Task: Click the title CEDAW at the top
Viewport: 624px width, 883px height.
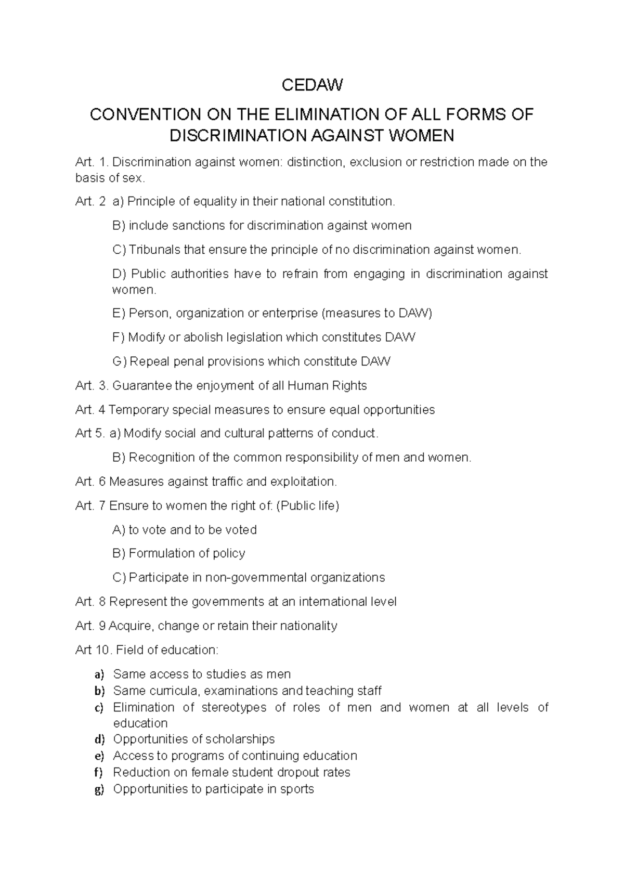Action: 312,85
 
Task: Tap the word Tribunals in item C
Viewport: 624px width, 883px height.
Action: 154,250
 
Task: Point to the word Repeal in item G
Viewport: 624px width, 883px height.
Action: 148,361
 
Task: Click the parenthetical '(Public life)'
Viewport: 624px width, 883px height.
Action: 307,505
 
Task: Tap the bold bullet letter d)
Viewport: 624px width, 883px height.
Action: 99,739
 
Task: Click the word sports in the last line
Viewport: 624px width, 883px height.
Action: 297,789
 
